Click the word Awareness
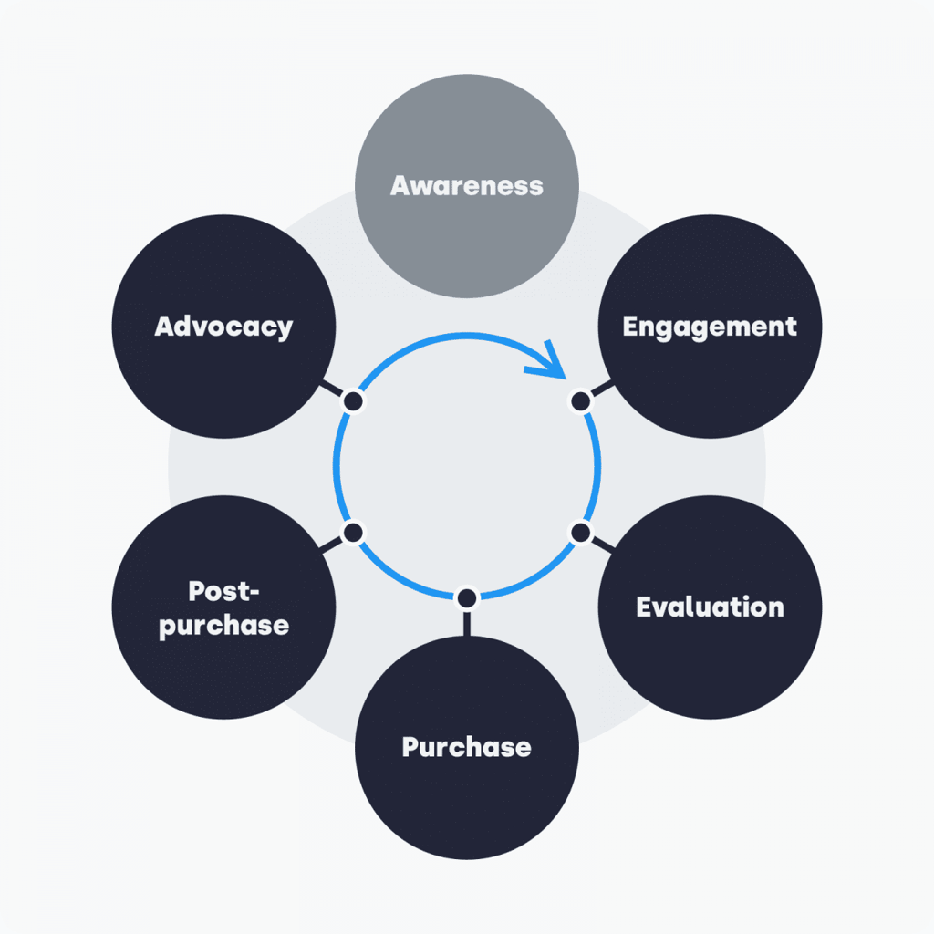pyautogui.click(x=466, y=186)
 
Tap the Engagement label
pyautogui.click(x=710, y=327)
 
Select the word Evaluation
pyautogui.click(x=710, y=607)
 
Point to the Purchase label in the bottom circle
pyautogui.click(x=466, y=747)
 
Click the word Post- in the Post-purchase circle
pyautogui.click(x=224, y=591)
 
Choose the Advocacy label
pyautogui.click(x=223, y=327)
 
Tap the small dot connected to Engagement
pyautogui.click(x=580, y=401)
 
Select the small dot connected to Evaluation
pyautogui.click(x=580, y=532)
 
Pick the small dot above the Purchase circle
pyautogui.click(x=466, y=598)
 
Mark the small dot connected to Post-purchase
pyautogui.click(x=353, y=532)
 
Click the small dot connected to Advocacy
pyautogui.click(x=353, y=401)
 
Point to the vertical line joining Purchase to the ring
pyautogui.click(x=466, y=622)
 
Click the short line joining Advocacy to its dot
pyautogui.click(x=331, y=389)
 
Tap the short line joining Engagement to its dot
pyautogui.click(x=602, y=389)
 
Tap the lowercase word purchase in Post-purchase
pyautogui.click(x=224, y=627)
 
